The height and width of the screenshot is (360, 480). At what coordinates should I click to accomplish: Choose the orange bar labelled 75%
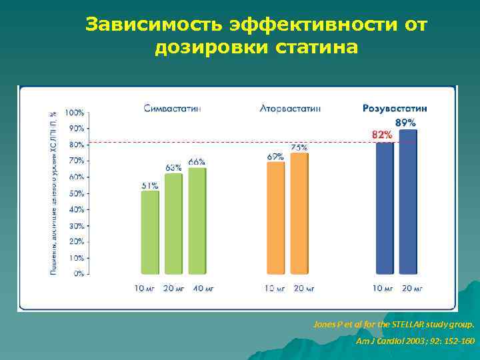(299, 213)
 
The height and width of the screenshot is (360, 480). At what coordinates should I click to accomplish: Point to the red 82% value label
(382, 135)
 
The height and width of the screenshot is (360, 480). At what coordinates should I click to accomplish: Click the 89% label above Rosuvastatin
(405, 123)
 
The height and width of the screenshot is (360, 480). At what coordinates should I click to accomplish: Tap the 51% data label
(149, 185)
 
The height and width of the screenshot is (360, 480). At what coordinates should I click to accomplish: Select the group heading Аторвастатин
(290, 108)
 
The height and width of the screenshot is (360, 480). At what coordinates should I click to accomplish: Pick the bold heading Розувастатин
(395, 108)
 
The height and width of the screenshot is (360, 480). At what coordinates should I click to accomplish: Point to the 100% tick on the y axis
(74, 113)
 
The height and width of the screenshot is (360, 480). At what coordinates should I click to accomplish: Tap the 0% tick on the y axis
(78, 273)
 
